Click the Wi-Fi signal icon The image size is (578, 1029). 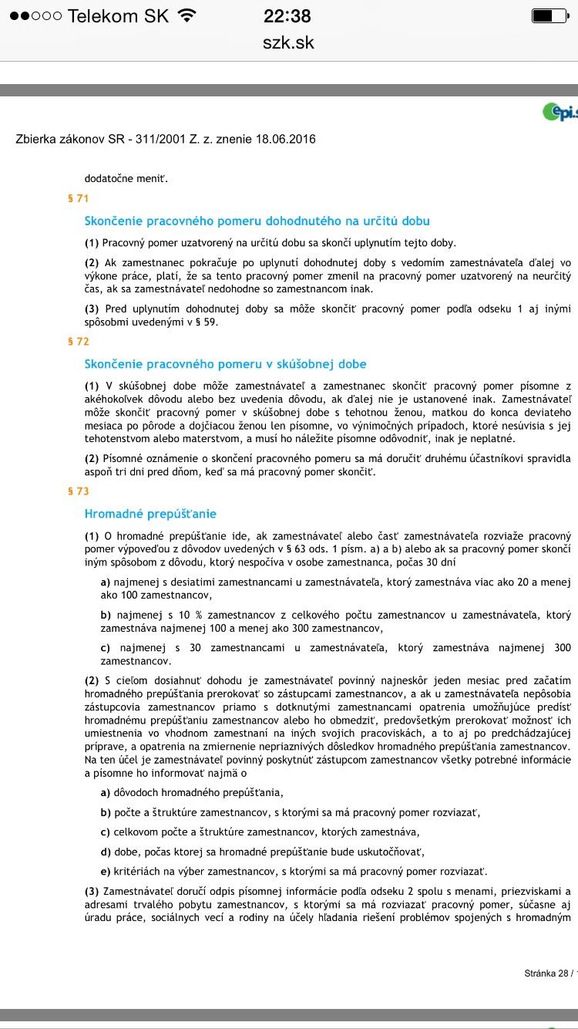tap(186, 15)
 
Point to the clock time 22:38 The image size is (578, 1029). tap(287, 15)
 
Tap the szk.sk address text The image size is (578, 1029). tap(288, 42)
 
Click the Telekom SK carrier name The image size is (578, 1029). tap(118, 15)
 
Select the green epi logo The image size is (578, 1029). tap(560, 113)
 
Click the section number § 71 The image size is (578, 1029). tap(79, 198)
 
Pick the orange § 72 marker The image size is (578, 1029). tap(79, 342)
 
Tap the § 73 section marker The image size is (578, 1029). tap(79, 491)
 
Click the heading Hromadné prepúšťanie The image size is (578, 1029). tap(150, 514)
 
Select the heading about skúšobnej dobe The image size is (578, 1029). tap(225, 364)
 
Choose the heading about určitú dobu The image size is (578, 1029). tap(257, 221)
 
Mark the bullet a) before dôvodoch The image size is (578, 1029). tap(106, 792)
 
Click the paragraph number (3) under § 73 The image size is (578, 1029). tap(92, 891)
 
